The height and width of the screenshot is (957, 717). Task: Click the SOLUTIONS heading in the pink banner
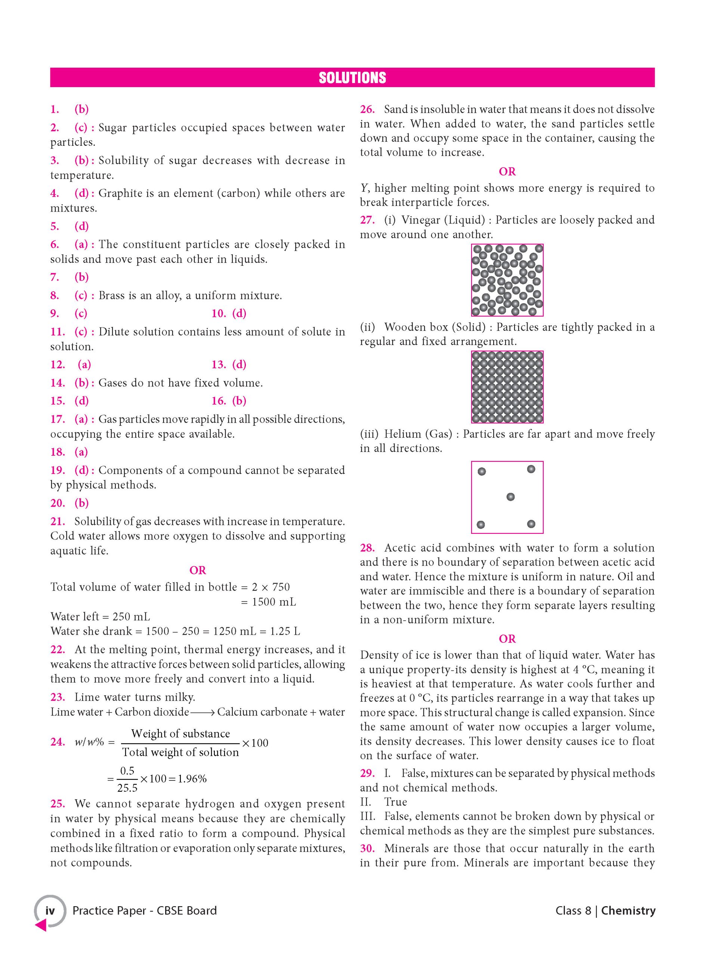click(x=352, y=78)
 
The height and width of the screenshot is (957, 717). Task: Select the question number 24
click(x=57, y=742)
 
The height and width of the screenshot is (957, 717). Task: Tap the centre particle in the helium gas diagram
click(x=510, y=497)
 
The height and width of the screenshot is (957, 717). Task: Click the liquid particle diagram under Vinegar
click(x=507, y=280)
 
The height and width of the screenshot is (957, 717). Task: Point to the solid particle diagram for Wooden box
click(x=507, y=387)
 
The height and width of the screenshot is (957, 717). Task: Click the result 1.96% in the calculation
click(x=192, y=779)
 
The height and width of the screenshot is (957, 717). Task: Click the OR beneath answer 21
click(x=198, y=570)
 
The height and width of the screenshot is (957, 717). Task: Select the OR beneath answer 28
click(x=507, y=638)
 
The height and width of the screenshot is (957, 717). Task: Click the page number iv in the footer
click(x=50, y=910)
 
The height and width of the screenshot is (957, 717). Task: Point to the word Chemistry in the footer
click(x=628, y=910)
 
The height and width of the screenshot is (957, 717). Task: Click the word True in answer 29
click(x=396, y=802)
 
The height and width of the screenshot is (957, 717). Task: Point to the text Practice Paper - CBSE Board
click(x=145, y=910)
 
